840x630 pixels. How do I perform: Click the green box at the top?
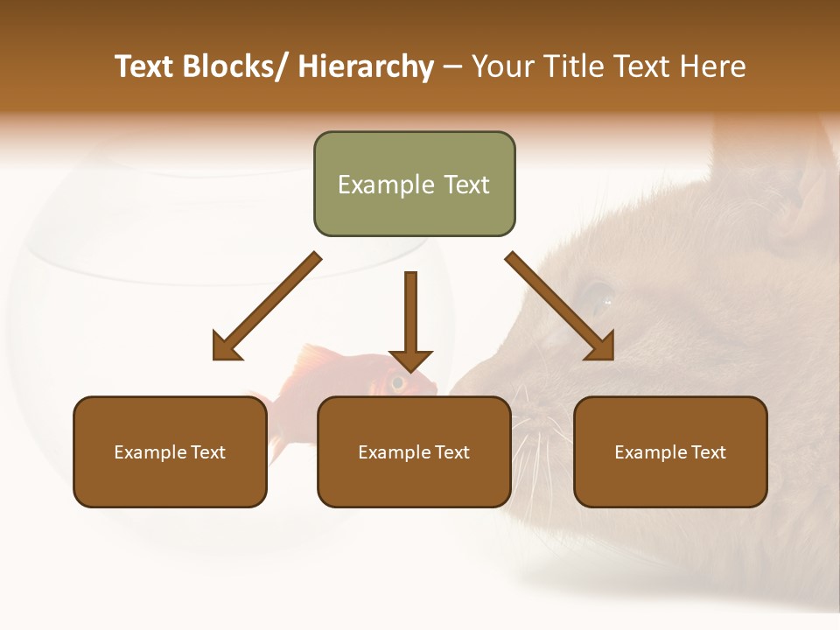pos(414,184)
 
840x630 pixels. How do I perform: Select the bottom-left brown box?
pos(170,451)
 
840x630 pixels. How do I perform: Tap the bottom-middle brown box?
pos(414,451)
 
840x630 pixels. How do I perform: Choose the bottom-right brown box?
pos(670,451)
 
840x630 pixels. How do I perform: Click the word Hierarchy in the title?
pos(366,66)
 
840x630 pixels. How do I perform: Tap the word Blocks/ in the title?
pos(235,66)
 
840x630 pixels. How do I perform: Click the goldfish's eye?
pos(399,381)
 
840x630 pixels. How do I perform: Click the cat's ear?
pos(801,192)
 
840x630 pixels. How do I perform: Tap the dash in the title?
pos(452,67)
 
